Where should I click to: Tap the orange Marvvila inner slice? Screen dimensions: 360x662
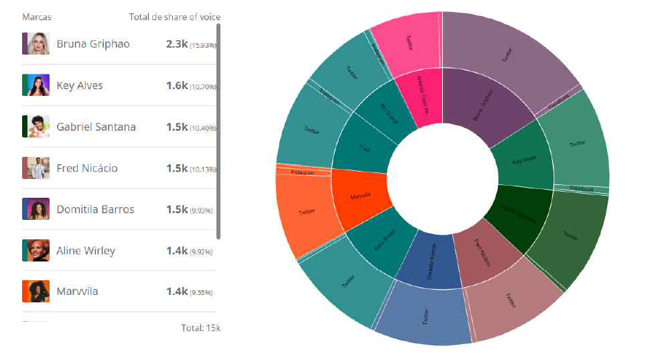pos(360,196)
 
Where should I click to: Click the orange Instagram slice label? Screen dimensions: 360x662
pos(303,172)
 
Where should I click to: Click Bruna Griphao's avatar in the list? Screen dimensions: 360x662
pos(36,44)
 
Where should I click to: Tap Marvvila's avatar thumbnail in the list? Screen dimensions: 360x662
pos(36,292)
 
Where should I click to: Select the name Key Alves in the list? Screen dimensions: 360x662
pos(80,86)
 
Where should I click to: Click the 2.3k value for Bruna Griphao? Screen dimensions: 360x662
pos(177,44)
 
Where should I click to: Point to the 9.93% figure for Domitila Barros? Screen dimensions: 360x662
pos(202,211)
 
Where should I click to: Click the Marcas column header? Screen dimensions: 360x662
pos(36,17)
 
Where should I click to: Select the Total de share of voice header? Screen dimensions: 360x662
pos(174,17)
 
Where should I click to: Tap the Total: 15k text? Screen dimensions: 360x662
pos(200,328)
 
